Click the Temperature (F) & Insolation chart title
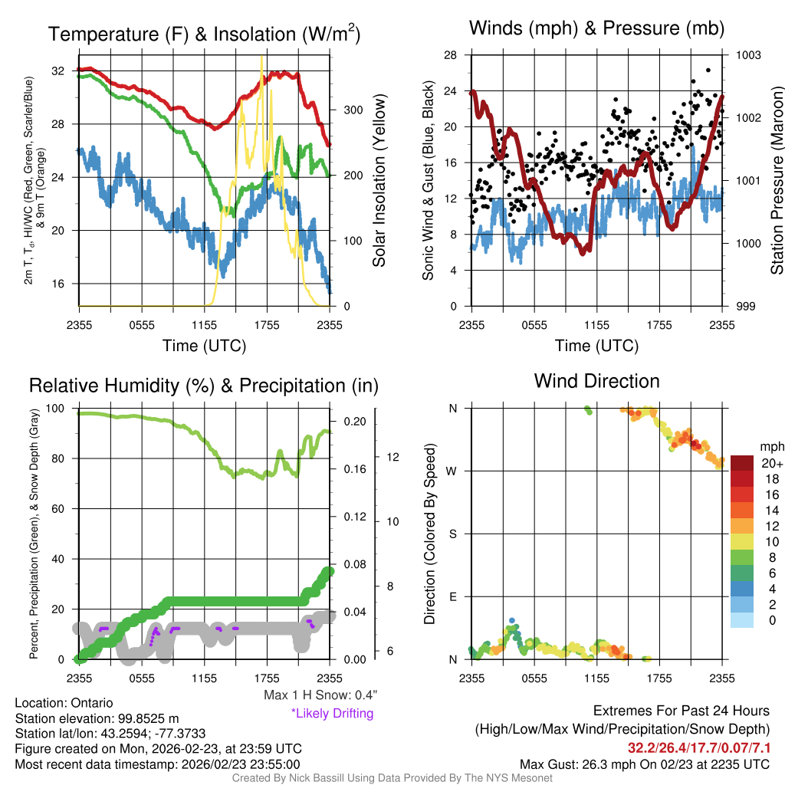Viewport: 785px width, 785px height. [x=204, y=34]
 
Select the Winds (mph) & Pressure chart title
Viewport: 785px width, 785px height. [x=596, y=29]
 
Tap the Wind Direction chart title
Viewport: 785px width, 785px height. [x=596, y=381]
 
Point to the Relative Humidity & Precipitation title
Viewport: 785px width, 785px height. [x=203, y=386]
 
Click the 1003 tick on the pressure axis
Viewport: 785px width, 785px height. [x=749, y=55]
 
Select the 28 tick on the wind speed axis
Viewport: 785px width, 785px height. [x=451, y=55]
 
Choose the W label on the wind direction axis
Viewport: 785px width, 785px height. [x=452, y=471]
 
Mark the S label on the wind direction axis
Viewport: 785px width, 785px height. [x=453, y=534]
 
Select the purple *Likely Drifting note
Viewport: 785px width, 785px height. [x=331, y=713]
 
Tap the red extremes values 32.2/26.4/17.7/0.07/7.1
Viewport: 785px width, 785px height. [x=699, y=747]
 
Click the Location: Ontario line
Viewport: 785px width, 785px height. [x=64, y=703]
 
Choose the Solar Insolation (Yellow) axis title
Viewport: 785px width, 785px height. [x=379, y=181]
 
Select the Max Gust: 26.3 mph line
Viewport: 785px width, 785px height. [x=645, y=764]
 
